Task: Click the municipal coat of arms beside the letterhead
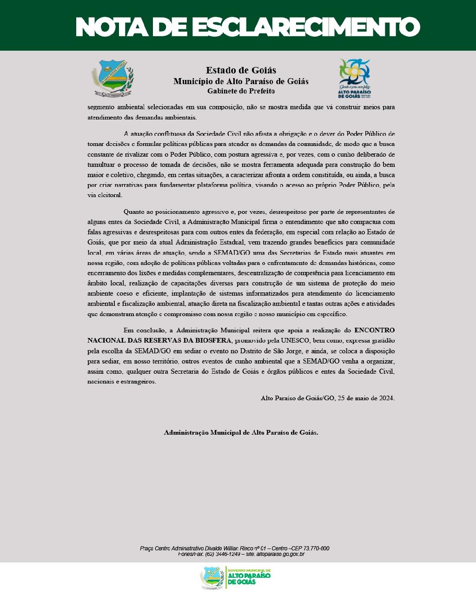pyautogui.click(x=112, y=78)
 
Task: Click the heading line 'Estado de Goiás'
pyautogui.click(x=241, y=70)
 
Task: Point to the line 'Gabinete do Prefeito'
pyautogui.click(x=241, y=91)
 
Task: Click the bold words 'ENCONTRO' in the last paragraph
pyautogui.click(x=375, y=331)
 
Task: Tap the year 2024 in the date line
pyautogui.click(x=385, y=398)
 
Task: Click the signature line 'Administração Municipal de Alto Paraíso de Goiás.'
pyautogui.click(x=241, y=432)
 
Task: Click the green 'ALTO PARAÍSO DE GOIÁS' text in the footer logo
pyautogui.click(x=250, y=578)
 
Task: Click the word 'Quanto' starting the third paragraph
pyautogui.click(x=134, y=212)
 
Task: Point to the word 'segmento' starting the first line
pyautogui.click(x=102, y=107)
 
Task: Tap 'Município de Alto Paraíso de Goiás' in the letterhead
pyautogui.click(x=241, y=81)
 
